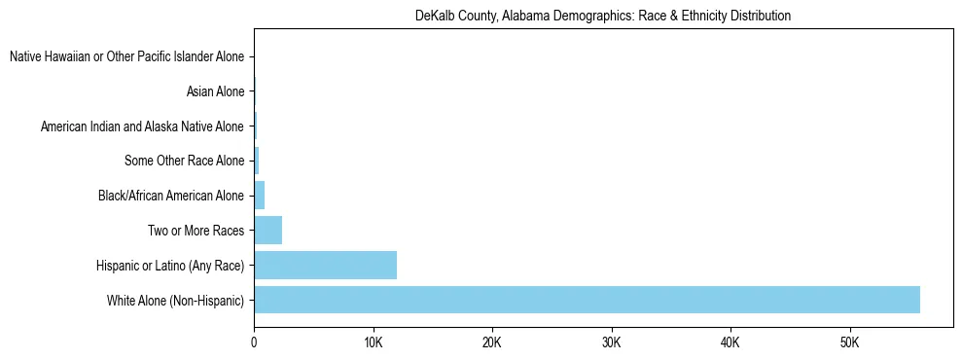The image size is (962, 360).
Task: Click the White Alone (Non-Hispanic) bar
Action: tap(587, 300)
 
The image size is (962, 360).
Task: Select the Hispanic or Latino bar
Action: tap(325, 266)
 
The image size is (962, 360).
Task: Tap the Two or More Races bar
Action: tap(267, 231)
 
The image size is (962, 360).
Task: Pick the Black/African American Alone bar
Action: tap(259, 196)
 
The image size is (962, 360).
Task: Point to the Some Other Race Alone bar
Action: tap(257, 162)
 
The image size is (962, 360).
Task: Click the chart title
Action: tap(602, 16)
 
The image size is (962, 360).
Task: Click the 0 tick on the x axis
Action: tap(254, 342)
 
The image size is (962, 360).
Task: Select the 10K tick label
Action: tap(373, 342)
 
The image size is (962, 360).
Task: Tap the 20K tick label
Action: tap(492, 342)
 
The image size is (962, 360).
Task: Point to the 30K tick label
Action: tap(611, 342)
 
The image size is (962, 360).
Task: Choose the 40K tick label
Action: tap(730, 342)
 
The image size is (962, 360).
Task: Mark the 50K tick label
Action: tap(849, 342)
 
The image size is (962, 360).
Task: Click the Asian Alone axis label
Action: tap(215, 92)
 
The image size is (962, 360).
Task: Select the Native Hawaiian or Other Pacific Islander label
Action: tap(126, 57)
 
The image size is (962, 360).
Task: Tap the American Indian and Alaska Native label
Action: tap(142, 126)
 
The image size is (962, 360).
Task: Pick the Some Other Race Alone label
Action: tap(184, 162)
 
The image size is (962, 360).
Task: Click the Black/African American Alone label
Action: tap(171, 196)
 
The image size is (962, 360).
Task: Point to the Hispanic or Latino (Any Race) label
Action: tap(170, 266)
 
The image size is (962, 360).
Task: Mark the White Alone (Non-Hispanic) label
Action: tap(176, 300)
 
